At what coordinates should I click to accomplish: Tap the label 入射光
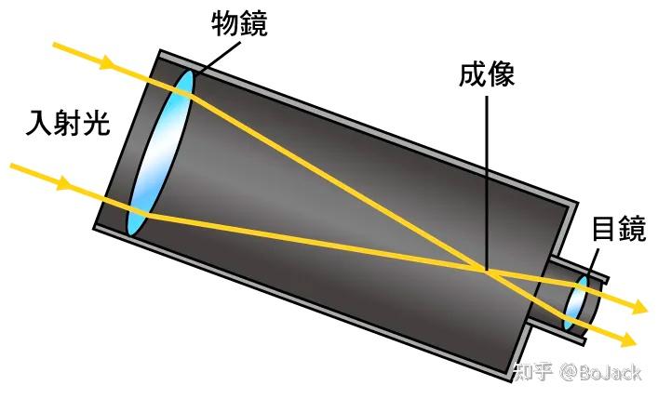point(69,124)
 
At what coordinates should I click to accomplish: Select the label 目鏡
point(618,230)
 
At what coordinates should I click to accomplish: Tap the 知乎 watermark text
point(531,372)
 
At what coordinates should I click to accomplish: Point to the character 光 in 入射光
point(96,124)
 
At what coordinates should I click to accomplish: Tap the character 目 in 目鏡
point(604,230)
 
